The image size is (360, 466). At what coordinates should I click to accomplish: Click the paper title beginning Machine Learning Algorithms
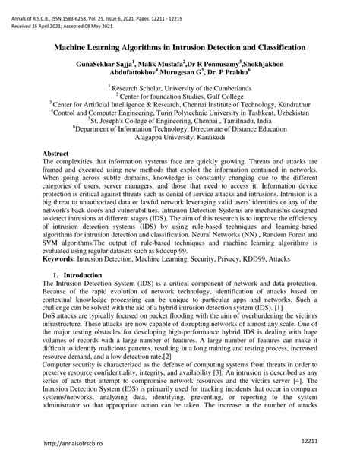coord(180,47)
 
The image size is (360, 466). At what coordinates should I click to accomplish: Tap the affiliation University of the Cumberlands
coord(200,89)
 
